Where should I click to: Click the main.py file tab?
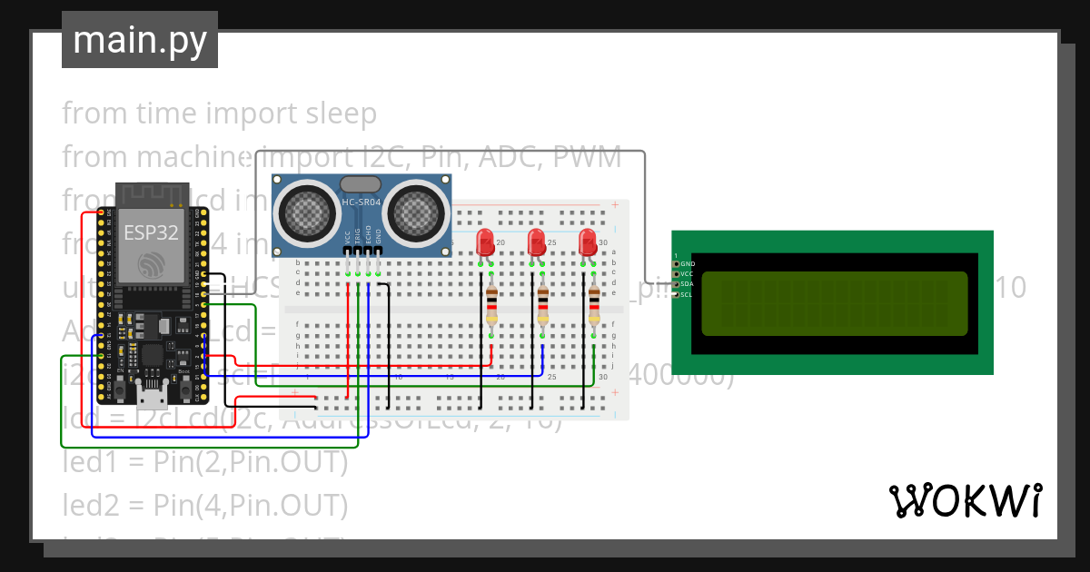coord(139,40)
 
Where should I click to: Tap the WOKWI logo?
coord(964,500)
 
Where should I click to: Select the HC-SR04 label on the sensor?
coord(362,202)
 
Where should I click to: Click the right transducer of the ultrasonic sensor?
coord(417,213)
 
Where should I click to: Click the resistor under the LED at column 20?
coord(491,305)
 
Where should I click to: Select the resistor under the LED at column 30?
coord(594,305)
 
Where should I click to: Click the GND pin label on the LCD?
coord(688,263)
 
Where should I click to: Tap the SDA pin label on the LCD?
coord(688,283)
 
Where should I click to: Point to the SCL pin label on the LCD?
coord(688,294)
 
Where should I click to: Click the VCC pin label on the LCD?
coord(688,273)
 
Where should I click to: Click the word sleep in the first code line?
coord(335,113)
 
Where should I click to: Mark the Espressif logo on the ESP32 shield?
coord(151,264)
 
